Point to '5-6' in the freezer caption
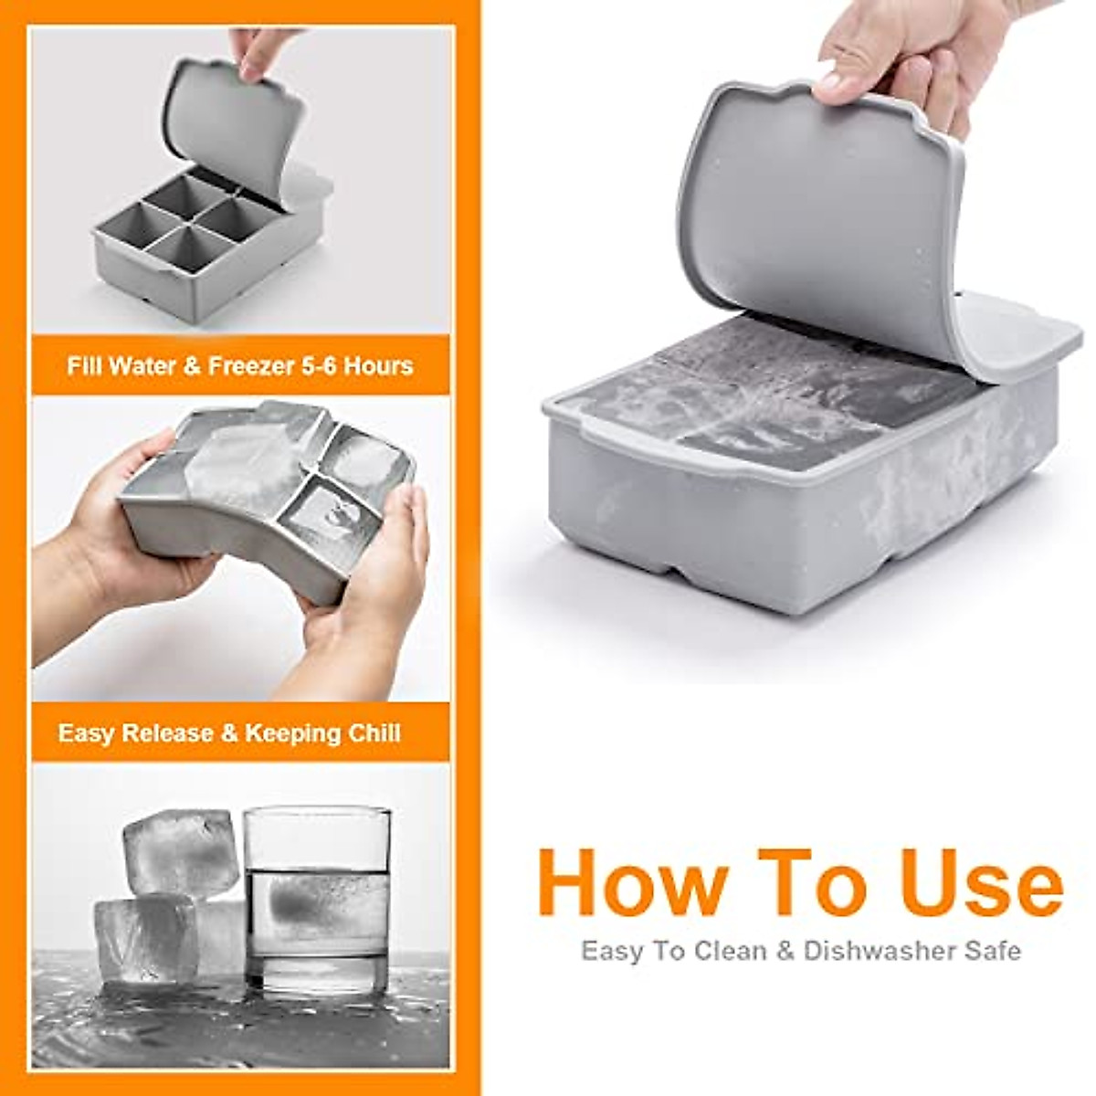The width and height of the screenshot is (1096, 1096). [x=326, y=366]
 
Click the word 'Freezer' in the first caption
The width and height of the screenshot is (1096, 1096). [x=251, y=366]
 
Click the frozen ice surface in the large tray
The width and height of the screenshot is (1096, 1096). [x=767, y=393]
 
